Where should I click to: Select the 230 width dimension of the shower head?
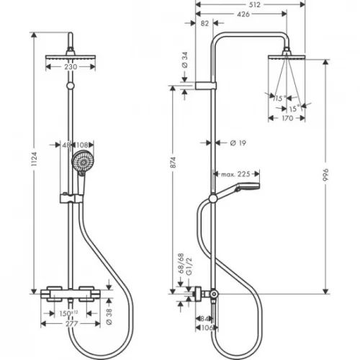point(70,66)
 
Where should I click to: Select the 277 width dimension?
point(70,324)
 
